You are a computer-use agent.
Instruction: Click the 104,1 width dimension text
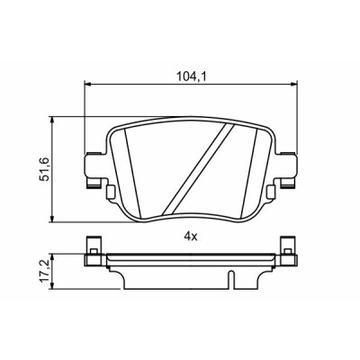pyautogui.click(x=192, y=77)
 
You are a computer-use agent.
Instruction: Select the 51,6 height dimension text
pyautogui.click(x=45, y=170)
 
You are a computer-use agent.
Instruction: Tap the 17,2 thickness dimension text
pyautogui.click(x=45, y=272)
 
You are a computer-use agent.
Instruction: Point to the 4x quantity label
pyautogui.click(x=191, y=238)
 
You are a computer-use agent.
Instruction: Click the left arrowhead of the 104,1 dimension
pyautogui.click(x=87, y=85)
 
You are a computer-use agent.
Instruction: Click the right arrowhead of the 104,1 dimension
pyautogui.click(x=293, y=85)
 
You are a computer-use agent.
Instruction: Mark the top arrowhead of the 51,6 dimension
pyautogui.click(x=52, y=120)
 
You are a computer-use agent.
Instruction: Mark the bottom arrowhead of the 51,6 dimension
pyautogui.click(x=52, y=219)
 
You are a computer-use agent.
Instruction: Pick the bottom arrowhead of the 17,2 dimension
pyautogui.click(x=52, y=285)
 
